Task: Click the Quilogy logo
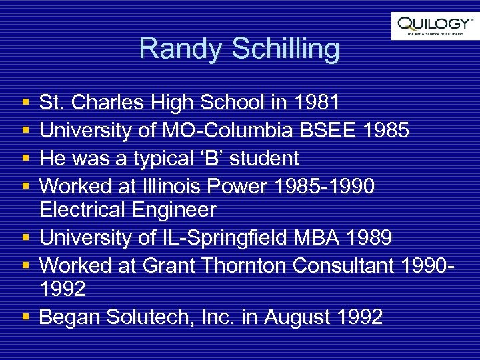click(435, 26)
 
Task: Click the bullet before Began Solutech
click(25, 317)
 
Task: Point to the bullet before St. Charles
click(25, 103)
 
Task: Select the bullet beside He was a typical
click(25, 159)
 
